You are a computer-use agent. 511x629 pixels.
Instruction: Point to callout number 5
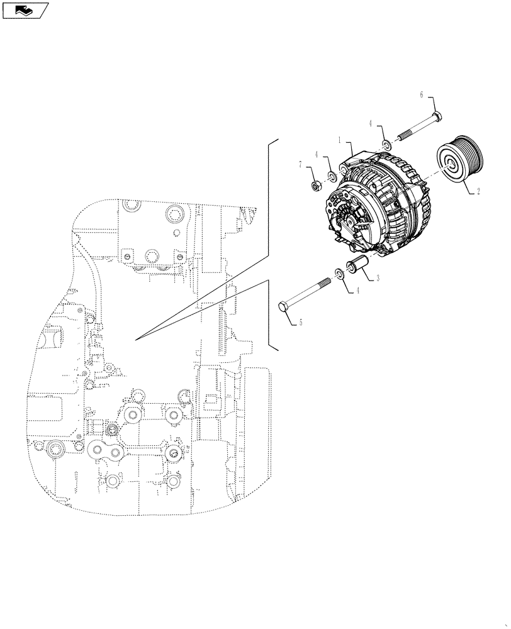point(301,323)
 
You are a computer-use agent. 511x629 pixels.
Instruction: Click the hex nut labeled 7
point(317,186)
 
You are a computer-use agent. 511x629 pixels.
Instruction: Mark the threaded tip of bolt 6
point(398,140)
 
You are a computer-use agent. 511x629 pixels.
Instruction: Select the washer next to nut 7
point(331,175)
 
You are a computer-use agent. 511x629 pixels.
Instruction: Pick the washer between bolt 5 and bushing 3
point(340,273)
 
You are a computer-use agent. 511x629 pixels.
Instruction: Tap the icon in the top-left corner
point(25,9)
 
